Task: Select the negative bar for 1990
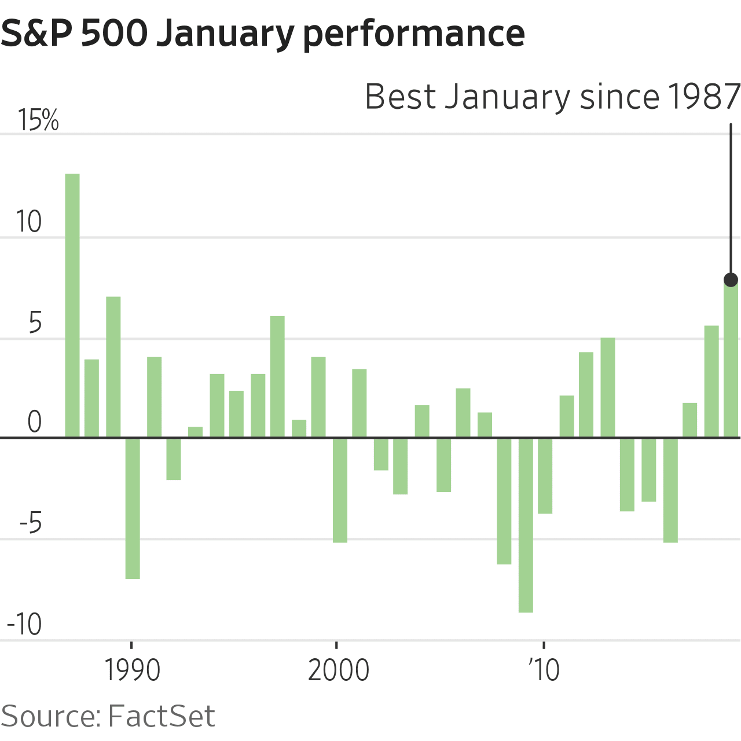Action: (x=133, y=508)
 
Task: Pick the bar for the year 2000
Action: (x=340, y=490)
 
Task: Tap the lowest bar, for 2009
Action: (x=526, y=524)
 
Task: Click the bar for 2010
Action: (x=545, y=475)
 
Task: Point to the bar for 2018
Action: (x=711, y=381)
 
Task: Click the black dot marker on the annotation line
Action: (x=731, y=280)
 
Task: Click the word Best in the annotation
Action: (x=400, y=97)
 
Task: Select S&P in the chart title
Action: (x=35, y=33)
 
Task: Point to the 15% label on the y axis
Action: (x=38, y=120)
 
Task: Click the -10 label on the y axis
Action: (x=24, y=625)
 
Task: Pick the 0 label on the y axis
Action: (x=35, y=423)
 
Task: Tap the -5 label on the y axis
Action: (x=31, y=524)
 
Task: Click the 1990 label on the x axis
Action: (x=132, y=670)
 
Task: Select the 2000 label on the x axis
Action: (x=338, y=670)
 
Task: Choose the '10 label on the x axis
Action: (x=544, y=670)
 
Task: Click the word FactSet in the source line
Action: (x=162, y=716)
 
